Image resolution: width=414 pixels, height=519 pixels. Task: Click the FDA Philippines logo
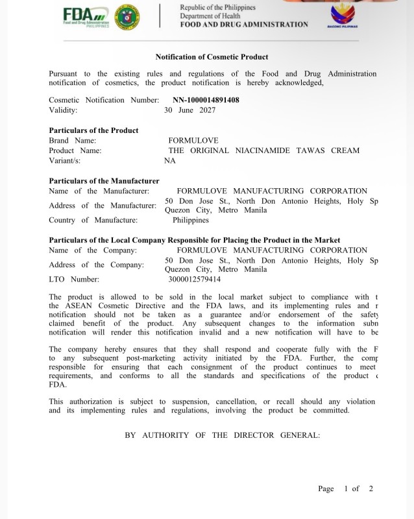86,16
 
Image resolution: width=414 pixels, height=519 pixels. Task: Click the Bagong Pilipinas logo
342,17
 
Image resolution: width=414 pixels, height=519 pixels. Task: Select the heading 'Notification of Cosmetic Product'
212,57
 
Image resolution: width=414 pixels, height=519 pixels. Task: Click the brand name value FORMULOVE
193,141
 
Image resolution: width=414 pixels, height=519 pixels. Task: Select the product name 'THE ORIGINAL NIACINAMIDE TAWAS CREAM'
263,151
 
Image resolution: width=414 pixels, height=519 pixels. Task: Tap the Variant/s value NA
170,161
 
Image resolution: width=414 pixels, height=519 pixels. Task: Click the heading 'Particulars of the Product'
93,130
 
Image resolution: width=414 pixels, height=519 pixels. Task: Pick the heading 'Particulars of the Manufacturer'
104,181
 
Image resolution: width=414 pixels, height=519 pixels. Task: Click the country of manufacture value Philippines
191,220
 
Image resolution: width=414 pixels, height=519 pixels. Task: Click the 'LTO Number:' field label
74,279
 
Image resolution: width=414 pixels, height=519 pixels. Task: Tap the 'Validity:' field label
63,110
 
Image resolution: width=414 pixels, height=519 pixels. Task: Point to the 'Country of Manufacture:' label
93,220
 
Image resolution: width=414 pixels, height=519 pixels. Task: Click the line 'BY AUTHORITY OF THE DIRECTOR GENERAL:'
223,435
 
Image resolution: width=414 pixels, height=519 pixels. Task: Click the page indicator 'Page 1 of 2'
345,489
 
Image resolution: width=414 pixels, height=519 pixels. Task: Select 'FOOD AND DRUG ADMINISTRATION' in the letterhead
244,24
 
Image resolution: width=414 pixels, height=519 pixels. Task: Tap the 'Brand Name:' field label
73,141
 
